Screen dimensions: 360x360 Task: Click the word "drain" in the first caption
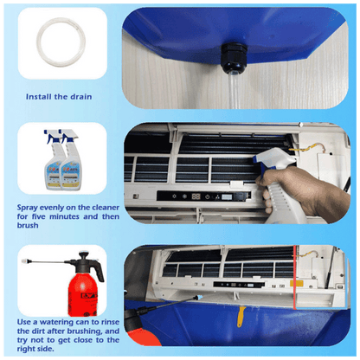point(76,96)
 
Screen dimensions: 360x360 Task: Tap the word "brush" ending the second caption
point(30,228)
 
